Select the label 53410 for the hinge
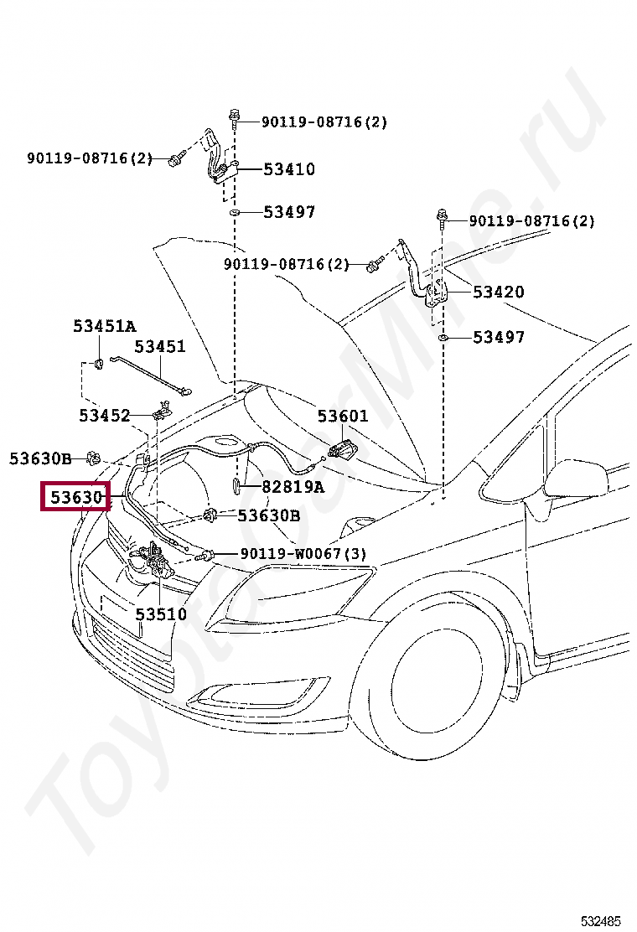point(289,169)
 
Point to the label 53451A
point(104,326)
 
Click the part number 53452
point(105,415)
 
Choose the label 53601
point(342,416)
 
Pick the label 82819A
point(292,486)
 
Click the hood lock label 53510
point(161,614)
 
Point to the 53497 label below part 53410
point(289,212)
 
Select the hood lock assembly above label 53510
point(151,565)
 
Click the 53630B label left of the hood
point(40,458)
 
